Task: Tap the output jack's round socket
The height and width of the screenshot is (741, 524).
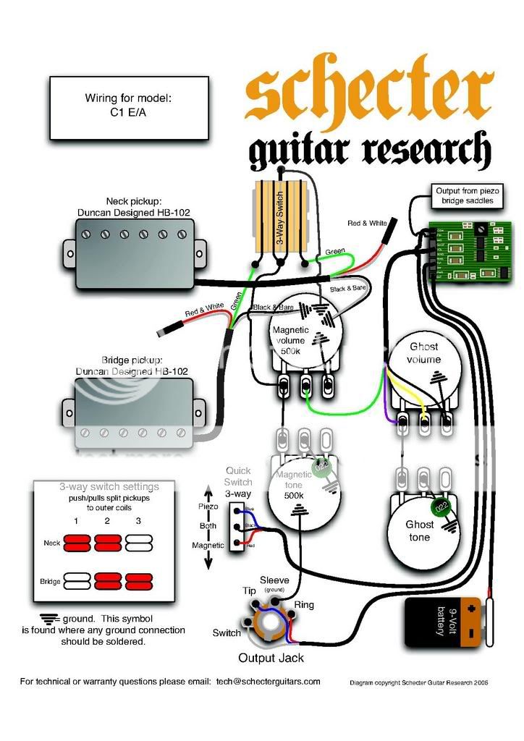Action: click(271, 623)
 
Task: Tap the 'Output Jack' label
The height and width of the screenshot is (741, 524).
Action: click(271, 658)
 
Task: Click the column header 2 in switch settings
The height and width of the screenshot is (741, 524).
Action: click(106, 520)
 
